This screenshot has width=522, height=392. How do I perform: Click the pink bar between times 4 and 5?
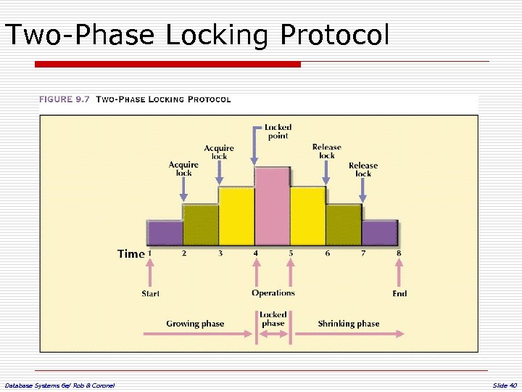273,207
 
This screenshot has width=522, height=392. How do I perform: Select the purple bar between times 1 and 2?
165,233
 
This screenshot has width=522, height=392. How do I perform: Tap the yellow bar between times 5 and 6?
308,216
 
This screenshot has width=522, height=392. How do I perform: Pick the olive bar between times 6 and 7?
344,225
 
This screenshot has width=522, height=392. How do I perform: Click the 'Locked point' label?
278,131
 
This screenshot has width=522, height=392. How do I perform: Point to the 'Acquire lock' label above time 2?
183,168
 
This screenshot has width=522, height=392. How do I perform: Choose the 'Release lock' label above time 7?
363,169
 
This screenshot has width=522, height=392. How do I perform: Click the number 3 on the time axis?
220,253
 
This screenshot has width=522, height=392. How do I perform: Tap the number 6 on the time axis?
327,253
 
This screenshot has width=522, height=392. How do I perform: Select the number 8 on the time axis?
398,253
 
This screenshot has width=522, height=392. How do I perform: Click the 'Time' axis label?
130,253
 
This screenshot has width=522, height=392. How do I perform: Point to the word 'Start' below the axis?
151,294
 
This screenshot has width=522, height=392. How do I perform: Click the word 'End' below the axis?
399,294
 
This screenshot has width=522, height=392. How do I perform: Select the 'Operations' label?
273,293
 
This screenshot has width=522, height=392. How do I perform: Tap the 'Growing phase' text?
195,324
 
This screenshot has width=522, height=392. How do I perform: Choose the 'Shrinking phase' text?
349,324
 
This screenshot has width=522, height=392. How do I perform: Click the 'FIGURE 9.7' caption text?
65,99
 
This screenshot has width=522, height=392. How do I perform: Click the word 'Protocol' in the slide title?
334,35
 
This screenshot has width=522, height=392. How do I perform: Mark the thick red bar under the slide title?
167,65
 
